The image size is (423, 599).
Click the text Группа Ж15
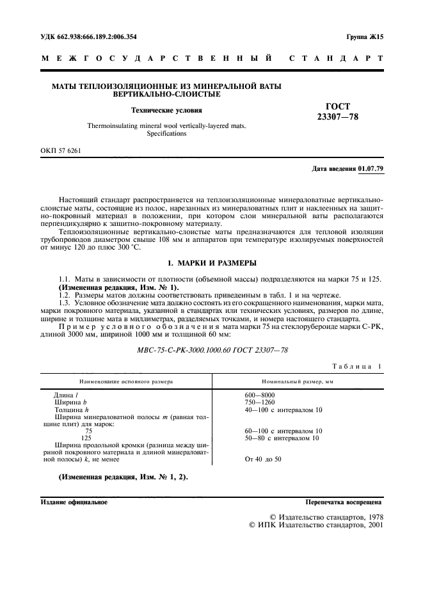(363, 37)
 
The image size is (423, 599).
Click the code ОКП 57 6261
(61, 150)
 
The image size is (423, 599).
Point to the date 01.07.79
(371, 168)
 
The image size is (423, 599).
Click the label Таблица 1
(356, 365)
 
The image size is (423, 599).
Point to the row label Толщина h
(70, 410)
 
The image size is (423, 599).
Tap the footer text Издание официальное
(74, 502)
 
